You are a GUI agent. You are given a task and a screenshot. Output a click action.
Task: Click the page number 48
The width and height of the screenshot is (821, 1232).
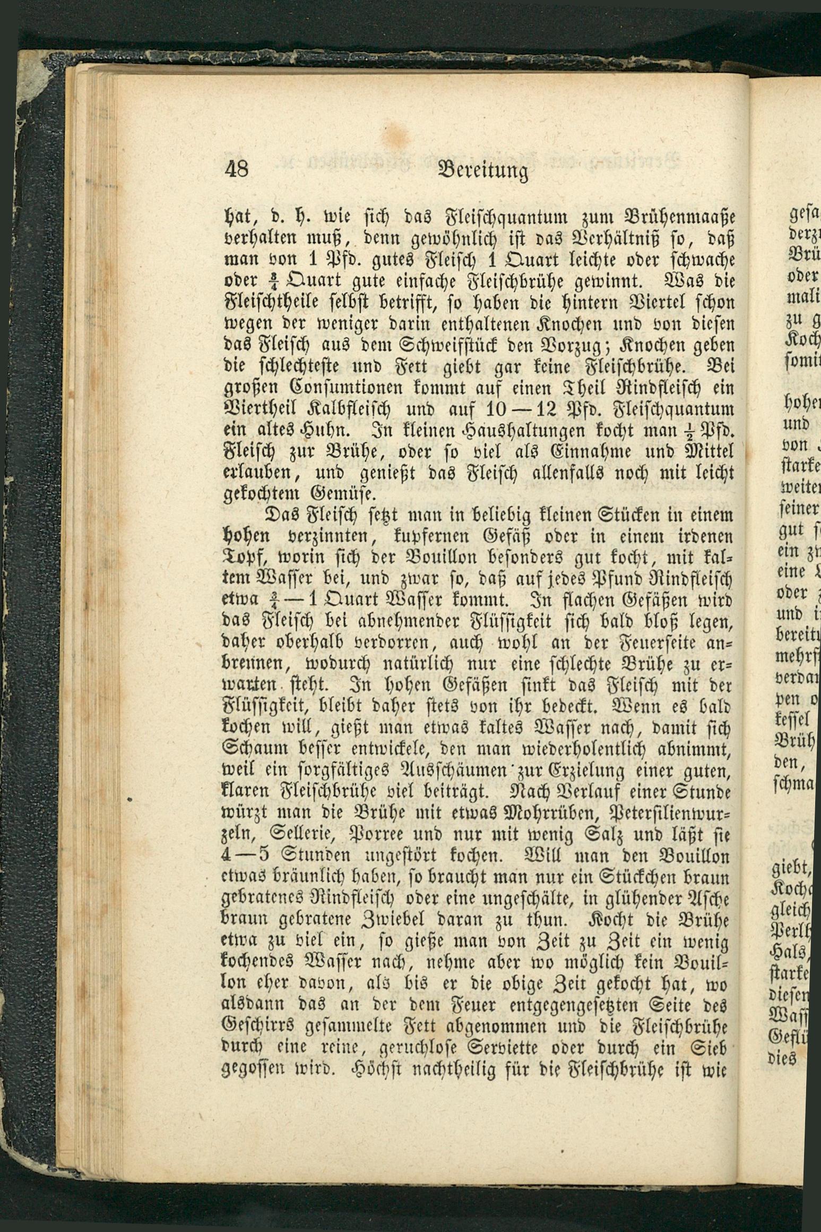click(x=237, y=170)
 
